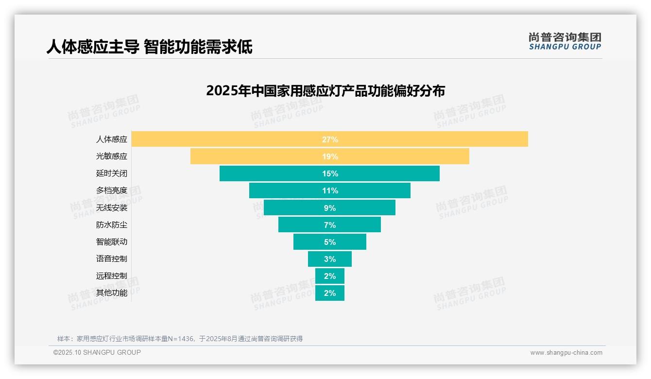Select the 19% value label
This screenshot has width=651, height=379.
point(330,156)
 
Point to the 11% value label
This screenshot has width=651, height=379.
point(330,190)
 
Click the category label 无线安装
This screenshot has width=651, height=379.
point(112,207)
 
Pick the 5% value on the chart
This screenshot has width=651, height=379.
point(330,242)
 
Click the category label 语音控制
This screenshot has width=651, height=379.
point(112,259)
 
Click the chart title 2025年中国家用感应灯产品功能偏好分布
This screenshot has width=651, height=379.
point(325,91)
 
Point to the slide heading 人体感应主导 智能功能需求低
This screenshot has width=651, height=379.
point(149,47)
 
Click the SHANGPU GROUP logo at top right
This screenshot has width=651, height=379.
point(565,41)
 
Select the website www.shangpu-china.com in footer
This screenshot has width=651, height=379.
point(566,353)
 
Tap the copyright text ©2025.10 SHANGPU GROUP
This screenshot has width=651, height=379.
point(97,352)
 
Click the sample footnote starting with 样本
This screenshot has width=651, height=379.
point(180,339)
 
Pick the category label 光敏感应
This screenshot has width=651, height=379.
point(112,156)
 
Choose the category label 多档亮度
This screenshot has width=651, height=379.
point(112,190)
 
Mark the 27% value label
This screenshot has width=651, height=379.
point(330,139)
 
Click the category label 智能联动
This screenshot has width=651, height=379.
point(112,242)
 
